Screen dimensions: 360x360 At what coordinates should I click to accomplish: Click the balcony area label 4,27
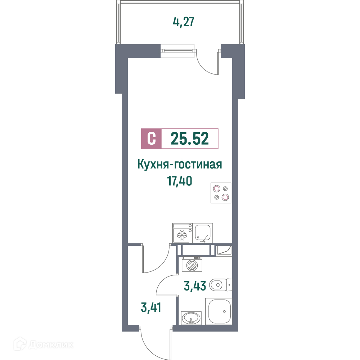184,22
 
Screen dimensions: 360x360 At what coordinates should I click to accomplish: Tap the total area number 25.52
190,139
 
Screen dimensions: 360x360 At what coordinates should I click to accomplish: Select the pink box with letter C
151,139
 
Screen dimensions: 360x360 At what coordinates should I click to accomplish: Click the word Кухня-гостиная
180,165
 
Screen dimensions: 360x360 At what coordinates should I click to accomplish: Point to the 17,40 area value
180,181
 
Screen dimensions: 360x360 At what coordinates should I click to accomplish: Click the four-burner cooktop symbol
221,193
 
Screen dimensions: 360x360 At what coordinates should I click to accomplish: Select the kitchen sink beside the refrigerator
203,233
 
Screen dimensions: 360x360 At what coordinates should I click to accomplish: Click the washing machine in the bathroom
192,264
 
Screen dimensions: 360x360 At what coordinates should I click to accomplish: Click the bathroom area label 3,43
195,286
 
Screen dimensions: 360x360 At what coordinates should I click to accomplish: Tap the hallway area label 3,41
151,307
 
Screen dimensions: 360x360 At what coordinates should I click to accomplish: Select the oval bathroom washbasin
191,318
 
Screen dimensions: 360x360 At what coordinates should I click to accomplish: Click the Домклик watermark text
51,345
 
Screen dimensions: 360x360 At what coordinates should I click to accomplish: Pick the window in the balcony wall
177,51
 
